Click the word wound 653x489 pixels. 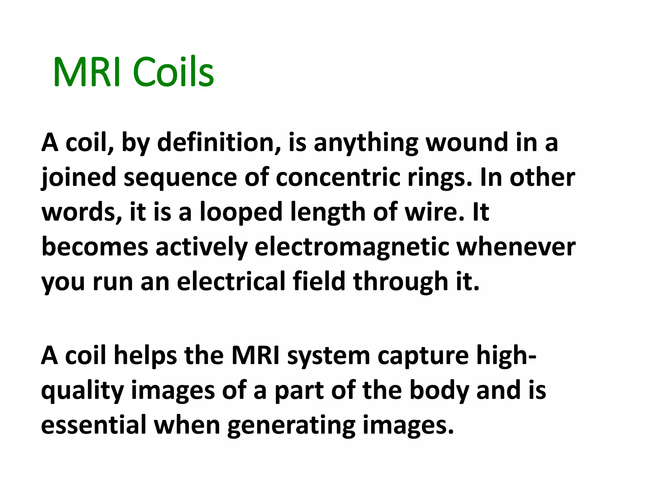coord(467,142)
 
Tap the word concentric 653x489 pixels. coord(338,177)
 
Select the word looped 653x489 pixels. coord(241,213)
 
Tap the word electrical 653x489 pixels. coord(231,282)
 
